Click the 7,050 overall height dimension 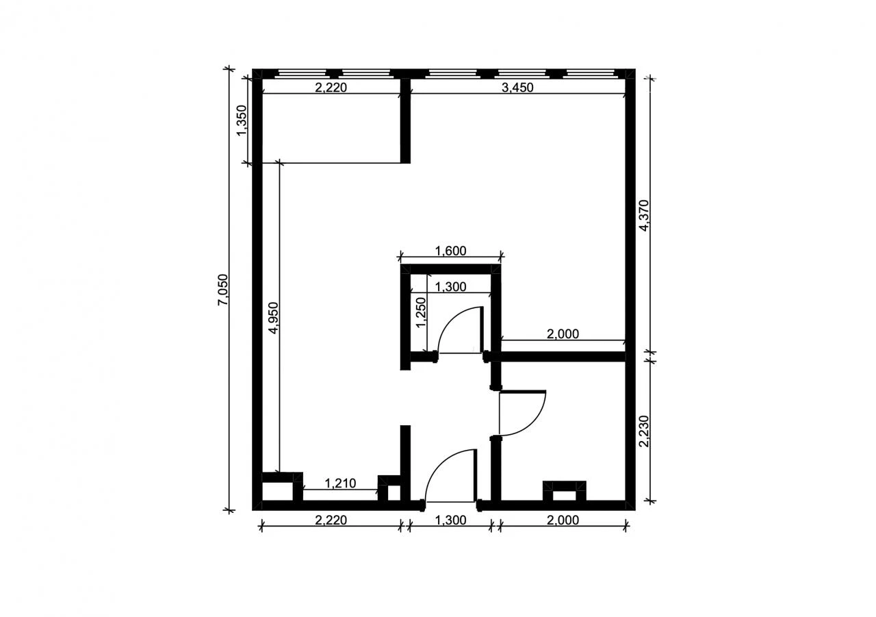[x=223, y=290]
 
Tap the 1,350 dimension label [x=242, y=121]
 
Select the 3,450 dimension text [x=517, y=88]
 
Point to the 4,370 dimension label [x=644, y=216]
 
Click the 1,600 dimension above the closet [x=450, y=251]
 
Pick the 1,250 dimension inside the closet [x=421, y=312]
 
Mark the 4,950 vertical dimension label [x=274, y=318]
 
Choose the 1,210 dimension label [x=340, y=483]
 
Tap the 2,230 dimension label [x=644, y=431]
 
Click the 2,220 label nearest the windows [x=331, y=88]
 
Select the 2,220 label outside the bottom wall [x=331, y=520]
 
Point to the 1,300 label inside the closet [x=450, y=287]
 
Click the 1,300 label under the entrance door [x=450, y=520]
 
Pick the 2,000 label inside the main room [x=563, y=334]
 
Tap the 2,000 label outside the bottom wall [x=563, y=520]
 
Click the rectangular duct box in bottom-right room [x=565, y=491]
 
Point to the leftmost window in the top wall [x=302, y=73]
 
